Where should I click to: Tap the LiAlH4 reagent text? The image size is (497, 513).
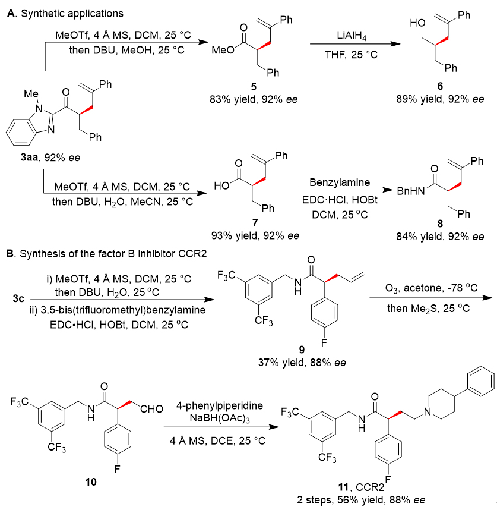(353, 37)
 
